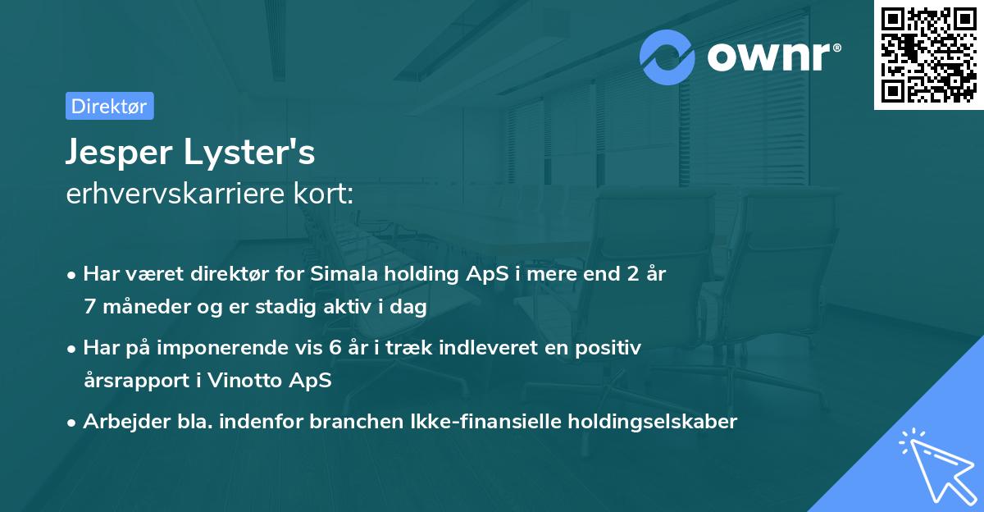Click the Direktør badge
(x=109, y=107)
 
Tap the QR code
(x=928, y=55)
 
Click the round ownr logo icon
(x=667, y=57)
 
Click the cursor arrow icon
(x=936, y=464)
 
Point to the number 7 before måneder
(x=89, y=307)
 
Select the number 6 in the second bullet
(x=334, y=348)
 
